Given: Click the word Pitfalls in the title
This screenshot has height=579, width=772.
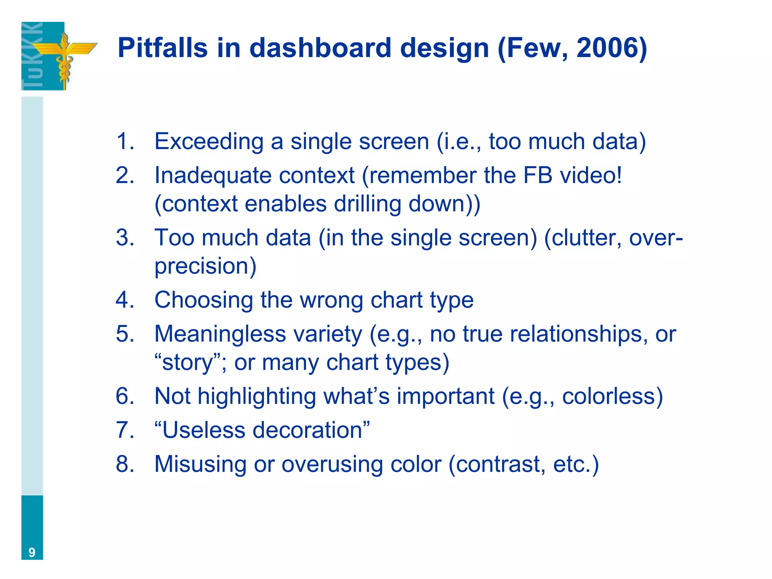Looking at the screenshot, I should [162, 48].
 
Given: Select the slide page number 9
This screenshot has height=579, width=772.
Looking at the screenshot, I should [32, 552].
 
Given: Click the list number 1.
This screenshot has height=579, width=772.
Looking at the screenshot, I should [125, 141].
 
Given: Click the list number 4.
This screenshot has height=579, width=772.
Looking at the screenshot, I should [125, 300].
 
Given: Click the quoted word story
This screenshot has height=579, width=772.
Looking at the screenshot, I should [188, 363].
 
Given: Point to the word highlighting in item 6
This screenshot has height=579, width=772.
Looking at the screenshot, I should [257, 397].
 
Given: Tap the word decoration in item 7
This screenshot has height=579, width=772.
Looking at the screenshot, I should [307, 430].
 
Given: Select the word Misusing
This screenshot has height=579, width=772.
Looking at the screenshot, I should [200, 464].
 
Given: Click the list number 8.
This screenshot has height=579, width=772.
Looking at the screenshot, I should [125, 464].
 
